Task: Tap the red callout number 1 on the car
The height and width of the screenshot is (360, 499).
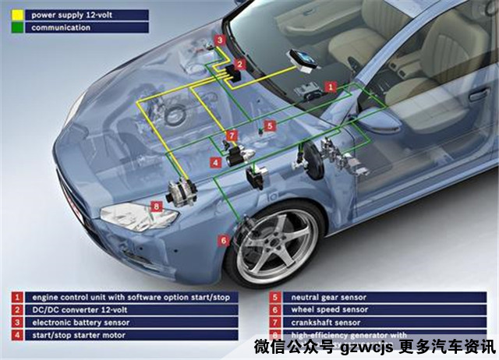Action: point(331,87)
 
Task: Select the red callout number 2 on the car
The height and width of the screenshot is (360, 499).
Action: point(240,65)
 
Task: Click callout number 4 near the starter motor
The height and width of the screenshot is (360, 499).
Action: point(215,162)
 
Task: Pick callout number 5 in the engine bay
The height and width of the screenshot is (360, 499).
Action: point(270,125)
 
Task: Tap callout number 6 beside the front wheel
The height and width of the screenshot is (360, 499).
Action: point(224,241)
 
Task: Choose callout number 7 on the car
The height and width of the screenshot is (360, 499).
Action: point(232,136)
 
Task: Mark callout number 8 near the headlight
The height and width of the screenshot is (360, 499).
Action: point(157,206)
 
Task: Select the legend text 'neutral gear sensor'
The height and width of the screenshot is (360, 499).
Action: point(328,297)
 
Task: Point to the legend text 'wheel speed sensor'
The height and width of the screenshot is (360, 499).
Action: point(327,309)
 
